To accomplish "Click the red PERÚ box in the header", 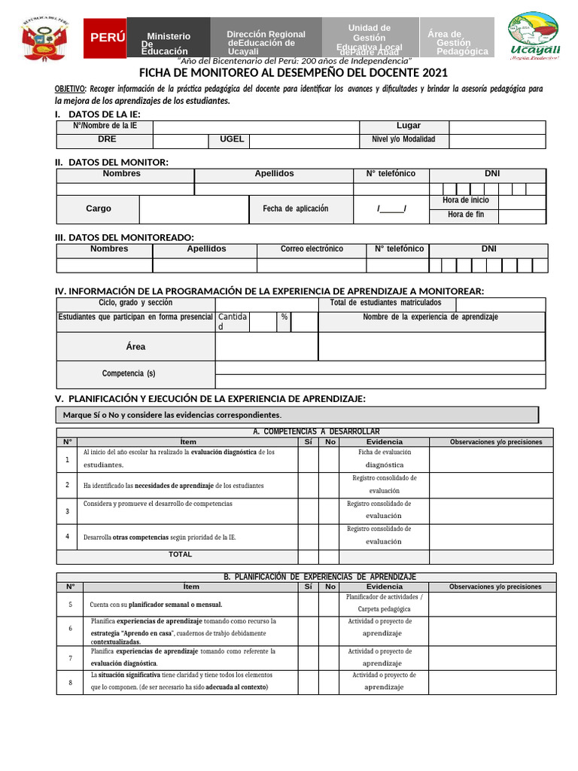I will point(105,38).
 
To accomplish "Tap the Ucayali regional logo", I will point(534,38).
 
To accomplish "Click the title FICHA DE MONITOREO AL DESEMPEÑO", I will point(294,73).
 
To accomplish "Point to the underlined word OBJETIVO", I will point(71,88).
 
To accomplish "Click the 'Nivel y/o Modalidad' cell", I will point(403,140).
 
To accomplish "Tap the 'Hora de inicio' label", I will point(466,200).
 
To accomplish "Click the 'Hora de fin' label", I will point(466,215).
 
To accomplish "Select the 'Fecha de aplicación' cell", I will point(296,209).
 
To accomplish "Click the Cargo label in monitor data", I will point(99,209).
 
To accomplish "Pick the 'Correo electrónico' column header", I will point(312,249).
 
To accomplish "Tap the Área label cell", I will point(136,346).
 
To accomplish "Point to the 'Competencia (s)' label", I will point(129,373).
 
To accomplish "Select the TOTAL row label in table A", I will point(181,555).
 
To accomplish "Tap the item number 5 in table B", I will point(70,605).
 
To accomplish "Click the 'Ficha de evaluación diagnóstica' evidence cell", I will point(385,459).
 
